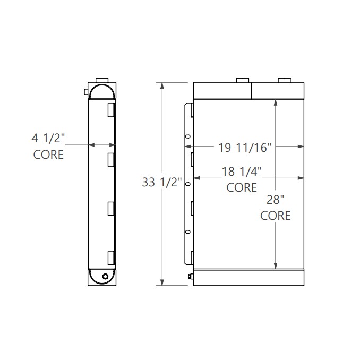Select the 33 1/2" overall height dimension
click(162, 182)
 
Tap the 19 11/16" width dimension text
click(244, 147)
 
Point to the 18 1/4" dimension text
click(242, 171)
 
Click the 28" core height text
click(275, 200)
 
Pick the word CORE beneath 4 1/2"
click(48, 155)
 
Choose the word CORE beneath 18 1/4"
click(242, 187)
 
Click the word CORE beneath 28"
click(276, 216)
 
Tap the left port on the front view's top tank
click(243, 80)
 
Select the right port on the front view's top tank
click(284, 80)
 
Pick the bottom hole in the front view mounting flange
click(187, 231)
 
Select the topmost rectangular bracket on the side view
click(112, 110)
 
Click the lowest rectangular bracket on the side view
click(112, 258)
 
